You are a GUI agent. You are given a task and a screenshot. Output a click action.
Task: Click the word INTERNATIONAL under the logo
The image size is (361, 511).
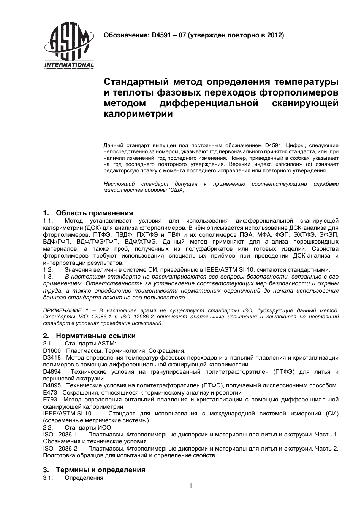[x=69, y=65]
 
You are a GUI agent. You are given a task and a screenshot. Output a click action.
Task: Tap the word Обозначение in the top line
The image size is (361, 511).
[x=125, y=35]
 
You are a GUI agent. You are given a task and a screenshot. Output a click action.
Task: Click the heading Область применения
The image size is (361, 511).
[x=94, y=213]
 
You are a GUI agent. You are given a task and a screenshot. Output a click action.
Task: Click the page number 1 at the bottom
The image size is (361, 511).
[x=191, y=486]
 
